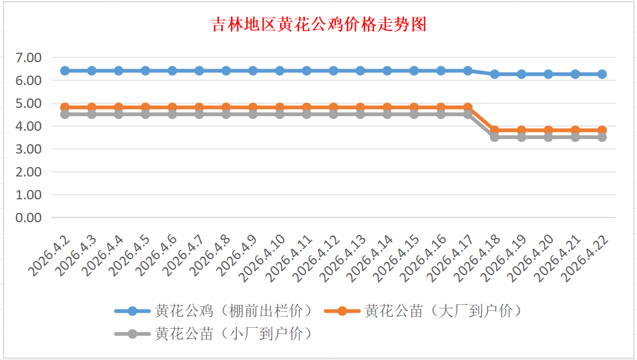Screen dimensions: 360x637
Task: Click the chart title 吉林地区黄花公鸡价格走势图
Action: click(318, 25)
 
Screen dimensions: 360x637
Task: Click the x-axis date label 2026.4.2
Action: click(50, 256)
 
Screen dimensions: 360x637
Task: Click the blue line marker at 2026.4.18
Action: click(495, 74)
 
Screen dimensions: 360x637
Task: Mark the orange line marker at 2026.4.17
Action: click(468, 107)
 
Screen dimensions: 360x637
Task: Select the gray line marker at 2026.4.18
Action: click(495, 137)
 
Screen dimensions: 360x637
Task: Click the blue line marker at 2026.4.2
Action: click(65, 70)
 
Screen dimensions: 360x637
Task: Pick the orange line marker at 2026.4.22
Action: click(602, 130)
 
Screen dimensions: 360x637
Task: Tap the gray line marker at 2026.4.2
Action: click(65, 114)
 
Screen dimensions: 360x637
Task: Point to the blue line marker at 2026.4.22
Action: click(602, 74)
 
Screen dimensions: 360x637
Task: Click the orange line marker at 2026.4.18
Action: click(495, 130)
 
